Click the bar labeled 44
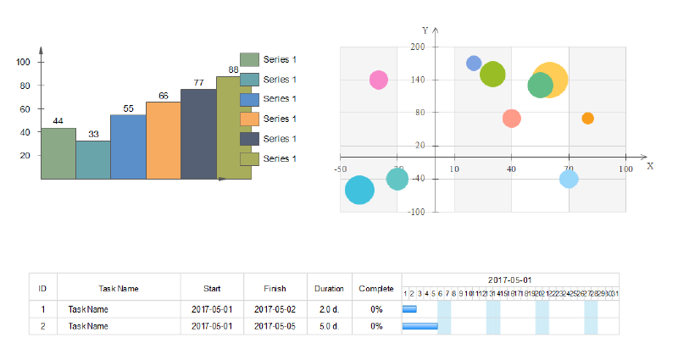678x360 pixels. pyautogui.click(x=58, y=153)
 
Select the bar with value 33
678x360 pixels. pyautogui.click(x=93, y=159)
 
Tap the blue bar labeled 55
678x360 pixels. pyautogui.click(x=128, y=147)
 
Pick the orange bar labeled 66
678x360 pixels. pyautogui.click(x=163, y=141)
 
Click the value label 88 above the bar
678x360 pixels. pyautogui.click(x=233, y=70)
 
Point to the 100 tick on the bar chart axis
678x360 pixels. pyautogui.click(x=23, y=62)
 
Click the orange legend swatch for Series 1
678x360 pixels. pyautogui.click(x=249, y=119)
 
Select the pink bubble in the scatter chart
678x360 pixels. pyautogui.click(x=379, y=80)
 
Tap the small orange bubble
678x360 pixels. pyautogui.click(x=587, y=118)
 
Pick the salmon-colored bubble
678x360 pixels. pyautogui.click(x=511, y=118)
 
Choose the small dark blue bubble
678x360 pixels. pyautogui.click(x=474, y=63)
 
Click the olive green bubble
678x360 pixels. pyautogui.click(x=492, y=75)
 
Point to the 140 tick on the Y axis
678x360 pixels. pyautogui.click(x=417, y=80)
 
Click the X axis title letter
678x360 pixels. pyautogui.click(x=650, y=166)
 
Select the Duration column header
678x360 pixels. pyautogui.click(x=329, y=288)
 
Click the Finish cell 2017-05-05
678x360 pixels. pyautogui.click(x=275, y=326)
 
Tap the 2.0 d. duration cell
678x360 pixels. pyautogui.click(x=329, y=309)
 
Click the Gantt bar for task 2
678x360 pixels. pyautogui.click(x=420, y=326)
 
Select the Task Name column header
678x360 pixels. pyautogui.click(x=118, y=288)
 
